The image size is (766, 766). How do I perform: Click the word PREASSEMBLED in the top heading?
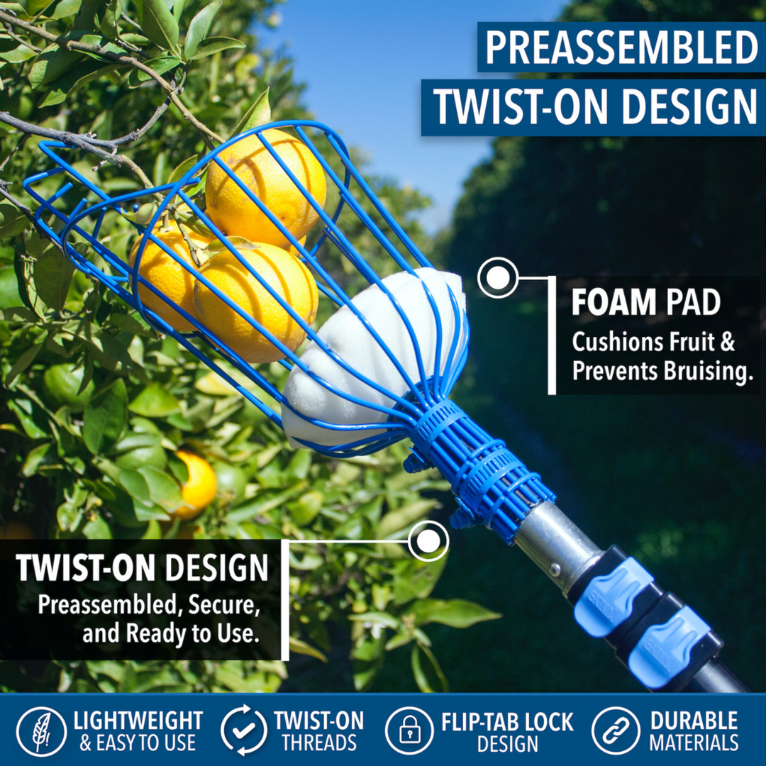621,48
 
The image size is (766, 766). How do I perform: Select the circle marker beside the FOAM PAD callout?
498,277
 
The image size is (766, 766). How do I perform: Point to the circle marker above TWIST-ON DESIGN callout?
428,541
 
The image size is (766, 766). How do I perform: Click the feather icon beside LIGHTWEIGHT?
42,731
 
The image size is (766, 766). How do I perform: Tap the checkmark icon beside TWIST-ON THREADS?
244,731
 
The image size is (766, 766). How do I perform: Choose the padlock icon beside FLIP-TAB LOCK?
409,731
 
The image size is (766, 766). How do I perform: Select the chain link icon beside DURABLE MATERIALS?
616,731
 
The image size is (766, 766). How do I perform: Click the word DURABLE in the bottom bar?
694,721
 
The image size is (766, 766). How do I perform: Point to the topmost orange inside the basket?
266,186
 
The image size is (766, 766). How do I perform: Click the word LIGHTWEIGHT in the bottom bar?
138,721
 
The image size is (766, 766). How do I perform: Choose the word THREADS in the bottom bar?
319,743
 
